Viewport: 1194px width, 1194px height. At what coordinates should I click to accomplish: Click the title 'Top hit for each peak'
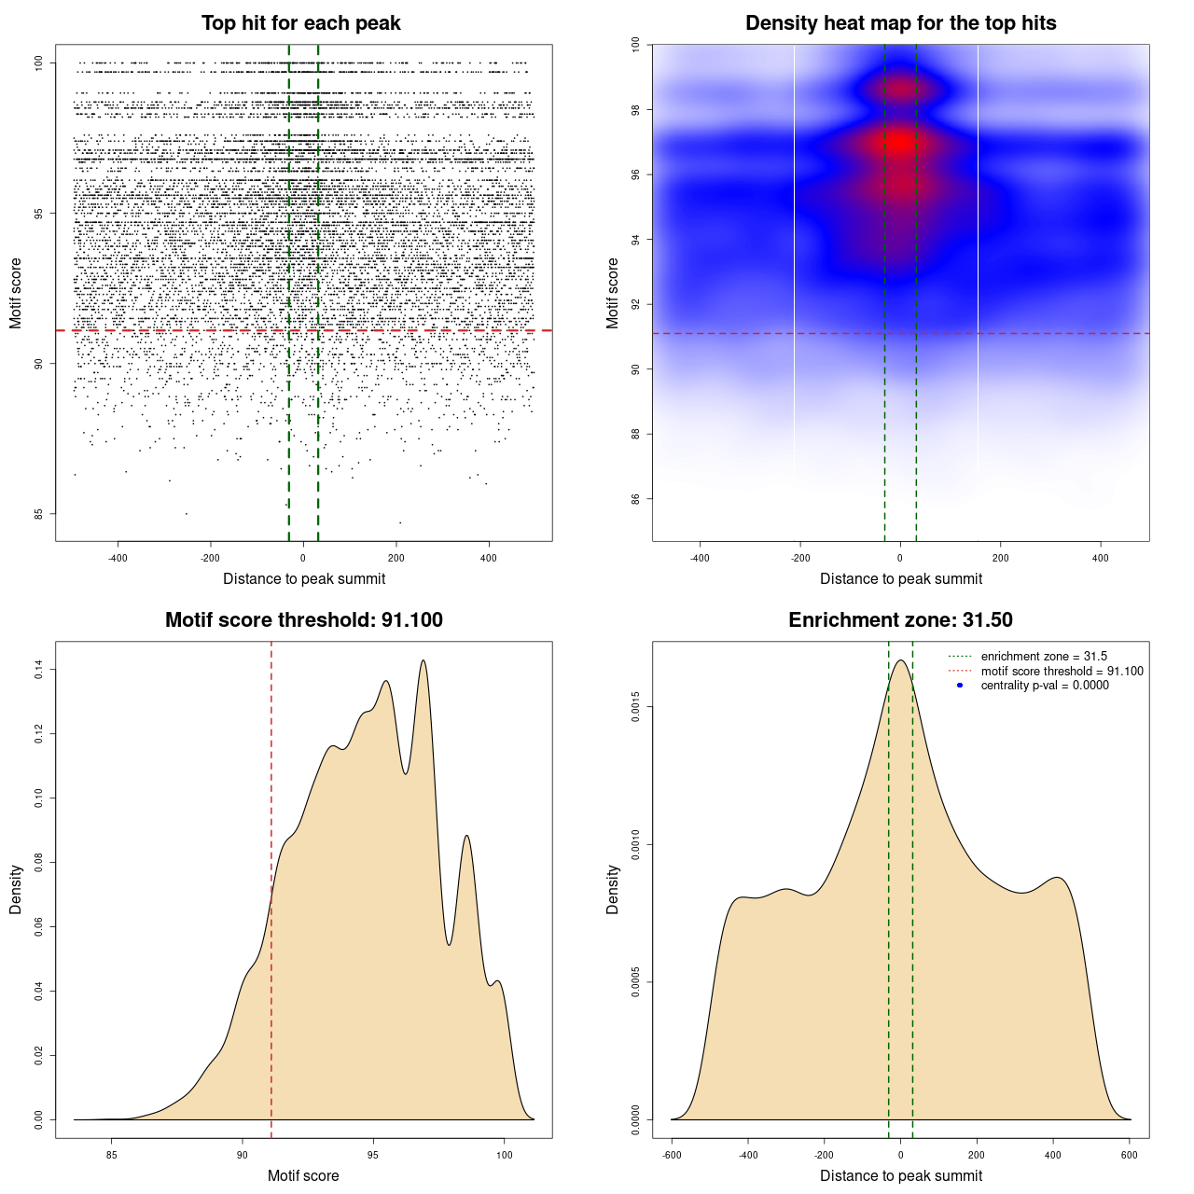tap(300, 23)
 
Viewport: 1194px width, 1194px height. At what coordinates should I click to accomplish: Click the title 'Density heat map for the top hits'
tap(900, 23)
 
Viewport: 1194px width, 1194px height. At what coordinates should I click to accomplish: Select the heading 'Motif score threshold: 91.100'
tap(303, 620)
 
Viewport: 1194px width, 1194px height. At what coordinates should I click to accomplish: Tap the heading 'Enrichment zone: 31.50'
tap(900, 620)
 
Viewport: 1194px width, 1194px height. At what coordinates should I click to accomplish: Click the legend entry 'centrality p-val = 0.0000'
tap(1045, 685)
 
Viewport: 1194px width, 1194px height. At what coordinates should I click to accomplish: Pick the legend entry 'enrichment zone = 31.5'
tap(1044, 657)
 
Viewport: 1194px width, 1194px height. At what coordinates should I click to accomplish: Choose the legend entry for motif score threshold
tap(1062, 671)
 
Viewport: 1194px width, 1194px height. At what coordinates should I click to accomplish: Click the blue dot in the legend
tap(960, 685)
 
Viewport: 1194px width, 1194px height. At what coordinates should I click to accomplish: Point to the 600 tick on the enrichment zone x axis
tap(1130, 1155)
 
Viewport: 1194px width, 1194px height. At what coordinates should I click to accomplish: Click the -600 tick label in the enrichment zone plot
tap(671, 1155)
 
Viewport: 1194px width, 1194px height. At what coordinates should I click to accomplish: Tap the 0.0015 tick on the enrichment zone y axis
tap(635, 707)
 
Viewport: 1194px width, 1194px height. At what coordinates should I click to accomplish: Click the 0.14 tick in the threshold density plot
tap(38, 669)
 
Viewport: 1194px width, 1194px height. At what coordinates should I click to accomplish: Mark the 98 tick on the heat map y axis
tap(635, 110)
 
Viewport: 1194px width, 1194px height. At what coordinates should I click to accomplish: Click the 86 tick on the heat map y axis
tap(635, 499)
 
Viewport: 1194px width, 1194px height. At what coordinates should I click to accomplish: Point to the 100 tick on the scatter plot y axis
tap(38, 62)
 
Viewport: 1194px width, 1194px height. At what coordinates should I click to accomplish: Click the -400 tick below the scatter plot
tap(118, 558)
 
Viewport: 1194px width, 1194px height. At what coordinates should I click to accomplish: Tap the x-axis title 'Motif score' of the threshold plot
tap(303, 1175)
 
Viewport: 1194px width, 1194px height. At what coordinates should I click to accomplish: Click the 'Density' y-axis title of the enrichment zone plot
tap(613, 889)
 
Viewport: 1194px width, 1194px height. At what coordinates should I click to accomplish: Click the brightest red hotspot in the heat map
tap(899, 143)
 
